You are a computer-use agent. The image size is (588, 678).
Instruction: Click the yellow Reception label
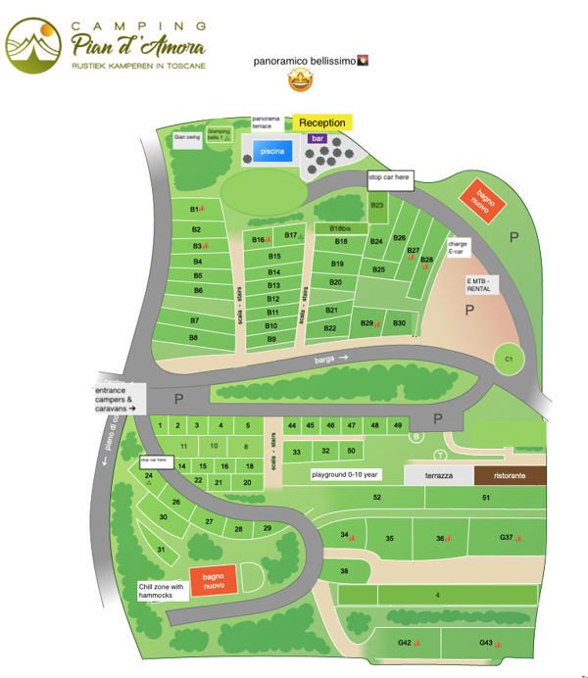point(322,122)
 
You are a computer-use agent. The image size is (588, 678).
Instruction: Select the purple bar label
point(317,139)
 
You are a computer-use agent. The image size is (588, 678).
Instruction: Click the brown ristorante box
point(511,475)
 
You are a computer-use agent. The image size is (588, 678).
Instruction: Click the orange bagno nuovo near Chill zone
point(213,580)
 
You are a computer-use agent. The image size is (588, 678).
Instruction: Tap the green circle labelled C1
point(509,360)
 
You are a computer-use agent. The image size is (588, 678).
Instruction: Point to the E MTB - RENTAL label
point(481,284)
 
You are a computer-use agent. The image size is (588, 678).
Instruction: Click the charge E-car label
point(457,247)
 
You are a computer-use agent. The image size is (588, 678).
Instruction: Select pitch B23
point(377,205)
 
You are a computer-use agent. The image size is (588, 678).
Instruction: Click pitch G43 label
point(486,643)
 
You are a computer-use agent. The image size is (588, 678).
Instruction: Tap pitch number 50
point(352,451)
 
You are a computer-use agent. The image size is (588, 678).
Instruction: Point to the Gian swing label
point(186,138)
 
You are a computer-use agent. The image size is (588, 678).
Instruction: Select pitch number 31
point(161,550)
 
